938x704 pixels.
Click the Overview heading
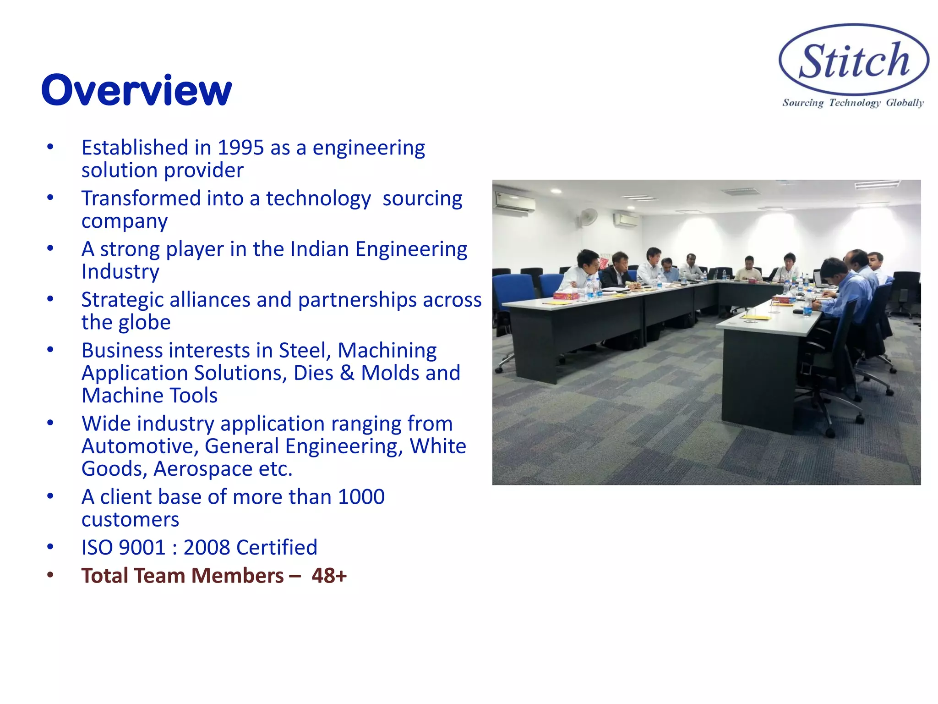[x=136, y=90]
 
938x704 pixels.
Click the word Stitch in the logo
[x=854, y=61]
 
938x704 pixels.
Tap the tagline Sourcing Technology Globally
[x=853, y=103]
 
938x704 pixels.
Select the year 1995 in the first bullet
[x=240, y=148]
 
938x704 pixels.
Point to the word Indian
[x=319, y=249]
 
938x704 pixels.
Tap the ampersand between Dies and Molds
[x=347, y=373]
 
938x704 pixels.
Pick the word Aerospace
[x=202, y=469]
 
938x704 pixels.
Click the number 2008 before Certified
[x=207, y=548]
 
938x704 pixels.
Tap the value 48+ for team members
[x=329, y=576]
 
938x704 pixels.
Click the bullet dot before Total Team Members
[x=50, y=575]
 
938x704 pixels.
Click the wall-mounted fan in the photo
[x=588, y=216]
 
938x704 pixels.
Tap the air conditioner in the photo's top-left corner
[x=514, y=202]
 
